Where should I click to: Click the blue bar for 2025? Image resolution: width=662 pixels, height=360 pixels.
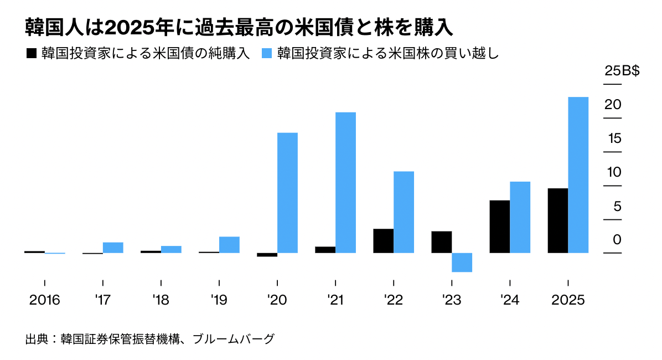click(578, 175)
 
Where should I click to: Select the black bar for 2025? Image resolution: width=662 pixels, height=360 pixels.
click(557, 220)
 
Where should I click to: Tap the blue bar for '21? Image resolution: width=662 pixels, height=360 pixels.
click(345, 183)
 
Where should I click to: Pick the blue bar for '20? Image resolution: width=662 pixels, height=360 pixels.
click(287, 193)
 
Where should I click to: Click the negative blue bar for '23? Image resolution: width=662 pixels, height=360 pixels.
click(462, 263)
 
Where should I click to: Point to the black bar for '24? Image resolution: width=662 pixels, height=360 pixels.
click(500, 227)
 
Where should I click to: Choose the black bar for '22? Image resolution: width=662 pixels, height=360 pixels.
click(383, 241)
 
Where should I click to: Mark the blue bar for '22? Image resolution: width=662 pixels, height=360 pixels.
click(404, 212)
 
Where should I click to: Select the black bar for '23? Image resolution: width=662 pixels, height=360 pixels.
click(442, 242)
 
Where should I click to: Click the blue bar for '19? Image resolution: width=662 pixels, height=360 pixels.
click(229, 245)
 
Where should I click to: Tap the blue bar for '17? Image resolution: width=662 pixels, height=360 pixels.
click(113, 248)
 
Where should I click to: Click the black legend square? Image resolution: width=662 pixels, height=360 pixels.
click(31, 54)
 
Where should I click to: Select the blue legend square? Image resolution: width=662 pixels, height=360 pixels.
click(267, 54)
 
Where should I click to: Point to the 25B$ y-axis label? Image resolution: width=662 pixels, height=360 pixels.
click(622, 71)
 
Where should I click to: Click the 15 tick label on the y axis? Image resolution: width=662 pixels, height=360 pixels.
click(614, 138)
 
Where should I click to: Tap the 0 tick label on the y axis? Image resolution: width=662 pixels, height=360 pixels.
click(617, 240)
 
